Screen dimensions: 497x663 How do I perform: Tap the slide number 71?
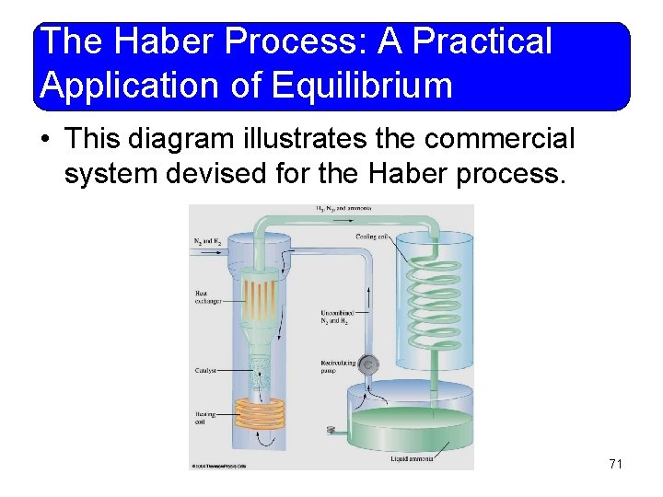615,464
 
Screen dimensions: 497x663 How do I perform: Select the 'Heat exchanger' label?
207,296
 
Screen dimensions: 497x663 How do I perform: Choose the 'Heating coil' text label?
204,418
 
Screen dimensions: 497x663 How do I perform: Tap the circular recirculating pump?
368,365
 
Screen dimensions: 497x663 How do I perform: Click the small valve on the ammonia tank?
331,429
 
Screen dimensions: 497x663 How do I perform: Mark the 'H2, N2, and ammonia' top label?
343,209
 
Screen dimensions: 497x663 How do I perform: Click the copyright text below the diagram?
218,465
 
